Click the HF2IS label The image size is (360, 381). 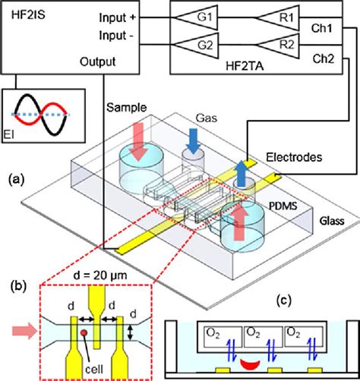pyautogui.click(x=28, y=14)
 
